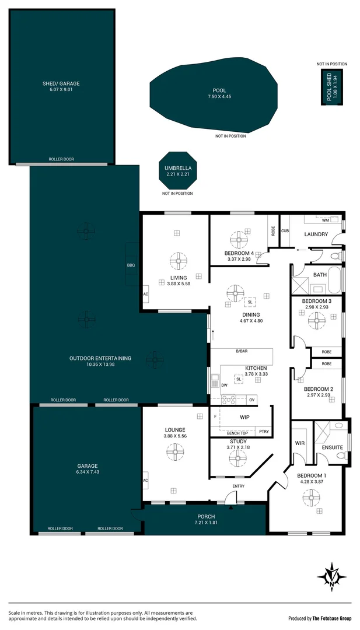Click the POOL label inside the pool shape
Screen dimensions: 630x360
click(x=219, y=90)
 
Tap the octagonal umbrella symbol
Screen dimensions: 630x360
click(x=178, y=170)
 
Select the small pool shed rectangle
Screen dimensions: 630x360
click(x=331, y=88)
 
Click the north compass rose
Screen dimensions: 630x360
click(x=332, y=577)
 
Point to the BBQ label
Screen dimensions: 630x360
click(x=131, y=265)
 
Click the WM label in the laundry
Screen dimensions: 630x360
click(x=326, y=220)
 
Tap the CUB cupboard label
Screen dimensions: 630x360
click(x=285, y=230)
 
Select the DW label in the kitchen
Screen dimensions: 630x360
click(x=224, y=385)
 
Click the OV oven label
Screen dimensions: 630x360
click(x=252, y=400)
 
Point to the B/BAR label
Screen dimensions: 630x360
click(x=242, y=351)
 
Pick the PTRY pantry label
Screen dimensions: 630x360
click(x=264, y=432)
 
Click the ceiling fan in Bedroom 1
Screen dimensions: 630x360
click(x=310, y=498)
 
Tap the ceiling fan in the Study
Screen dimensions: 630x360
click(x=238, y=459)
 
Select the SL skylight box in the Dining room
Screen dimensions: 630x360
click(x=250, y=302)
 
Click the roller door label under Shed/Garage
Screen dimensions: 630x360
click(x=61, y=159)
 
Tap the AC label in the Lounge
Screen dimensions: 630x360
click(x=145, y=480)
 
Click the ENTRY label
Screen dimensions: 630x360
click(x=238, y=486)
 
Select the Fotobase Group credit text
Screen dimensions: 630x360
click(x=320, y=618)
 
